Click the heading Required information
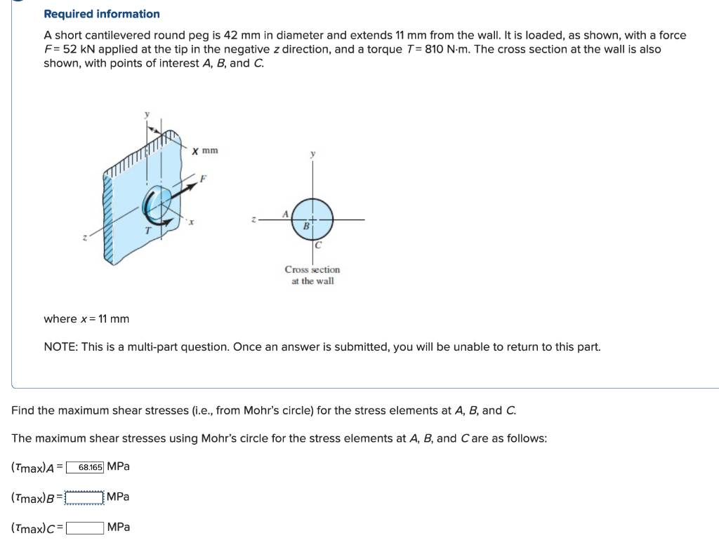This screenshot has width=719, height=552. point(102,14)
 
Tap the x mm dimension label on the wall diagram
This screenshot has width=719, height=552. point(205,150)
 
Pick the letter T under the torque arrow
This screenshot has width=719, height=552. point(147,230)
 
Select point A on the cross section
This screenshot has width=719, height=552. point(284,213)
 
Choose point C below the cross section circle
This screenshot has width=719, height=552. point(318,245)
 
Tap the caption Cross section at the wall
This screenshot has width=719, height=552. point(312,275)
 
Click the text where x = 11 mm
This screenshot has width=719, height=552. point(86,319)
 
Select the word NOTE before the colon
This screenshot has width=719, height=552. point(60,347)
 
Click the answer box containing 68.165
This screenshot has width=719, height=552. point(86,467)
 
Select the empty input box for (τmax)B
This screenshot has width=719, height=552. point(84,497)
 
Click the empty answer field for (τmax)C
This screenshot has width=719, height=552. point(86,527)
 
